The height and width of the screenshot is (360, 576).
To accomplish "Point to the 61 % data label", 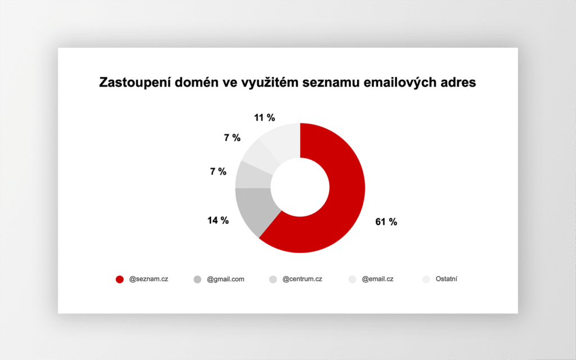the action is (x=386, y=222).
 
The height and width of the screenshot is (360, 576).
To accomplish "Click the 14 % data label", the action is (x=218, y=220).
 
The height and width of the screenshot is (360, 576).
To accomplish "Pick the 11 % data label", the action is (x=264, y=118).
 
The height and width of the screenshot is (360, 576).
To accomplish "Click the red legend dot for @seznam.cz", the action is (x=120, y=280).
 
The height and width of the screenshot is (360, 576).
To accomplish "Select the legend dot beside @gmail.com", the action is (x=197, y=280).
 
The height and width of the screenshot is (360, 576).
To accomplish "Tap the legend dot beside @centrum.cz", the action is (x=273, y=280).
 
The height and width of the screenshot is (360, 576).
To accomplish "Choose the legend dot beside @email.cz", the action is (x=353, y=280).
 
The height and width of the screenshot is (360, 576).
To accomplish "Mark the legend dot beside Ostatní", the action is (x=426, y=280).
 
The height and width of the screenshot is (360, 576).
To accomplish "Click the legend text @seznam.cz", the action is (x=148, y=279).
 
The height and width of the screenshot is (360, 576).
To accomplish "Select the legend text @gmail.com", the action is (x=226, y=280).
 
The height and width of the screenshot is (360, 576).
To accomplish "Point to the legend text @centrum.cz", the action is (x=302, y=279).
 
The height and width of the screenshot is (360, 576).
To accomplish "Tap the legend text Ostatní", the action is (x=446, y=279).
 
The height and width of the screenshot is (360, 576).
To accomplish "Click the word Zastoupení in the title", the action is (x=135, y=83).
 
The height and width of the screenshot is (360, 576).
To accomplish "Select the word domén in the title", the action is (x=196, y=82).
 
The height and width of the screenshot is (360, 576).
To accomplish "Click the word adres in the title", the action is (x=456, y=82).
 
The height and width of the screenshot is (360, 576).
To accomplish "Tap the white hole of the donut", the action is (x=300, y=187).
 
